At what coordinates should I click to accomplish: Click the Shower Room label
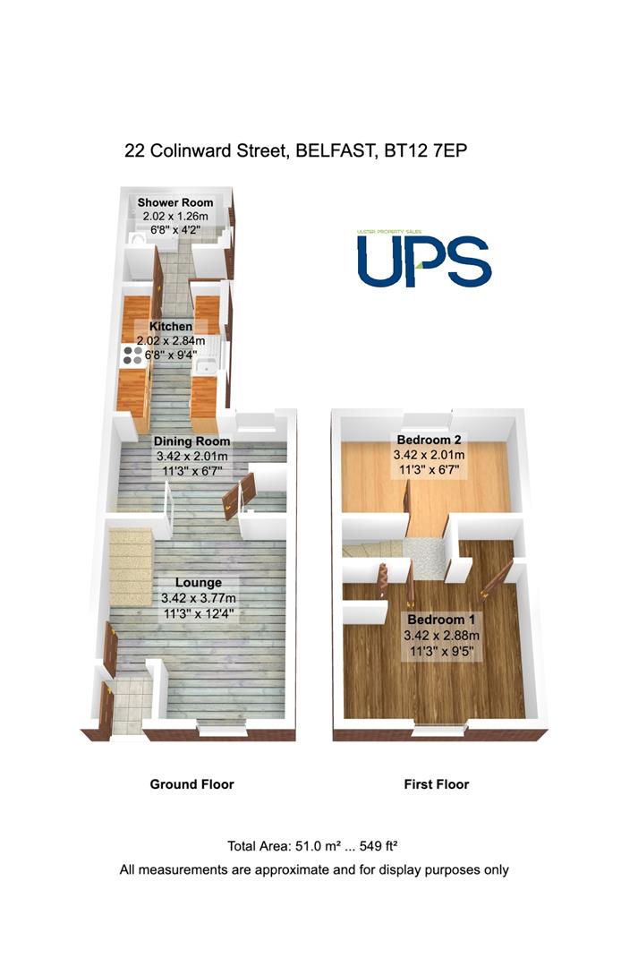point(175,202)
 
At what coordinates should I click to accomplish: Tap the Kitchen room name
point(171,327)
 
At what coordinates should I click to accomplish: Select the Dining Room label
point(191,441)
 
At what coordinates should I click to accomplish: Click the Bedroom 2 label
point(428,440)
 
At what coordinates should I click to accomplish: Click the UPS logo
point(423,260)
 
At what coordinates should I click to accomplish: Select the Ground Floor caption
point(191,784)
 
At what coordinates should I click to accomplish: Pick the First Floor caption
point(437,784)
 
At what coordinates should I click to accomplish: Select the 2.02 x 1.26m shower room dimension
point(175,216)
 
